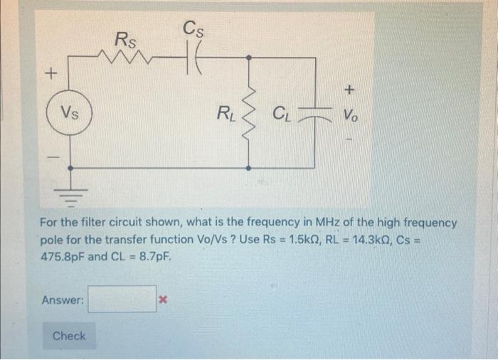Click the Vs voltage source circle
coord(70,112)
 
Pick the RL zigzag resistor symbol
coord(248,112)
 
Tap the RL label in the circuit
coord(226,112)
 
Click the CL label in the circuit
coord(282,113)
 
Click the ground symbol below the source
coord(70,190)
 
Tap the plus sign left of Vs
coord(51,73)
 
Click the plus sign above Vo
coord(349,90)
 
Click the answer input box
coord(122,300)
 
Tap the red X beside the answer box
coord(163,300)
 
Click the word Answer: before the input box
coord(63,300)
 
